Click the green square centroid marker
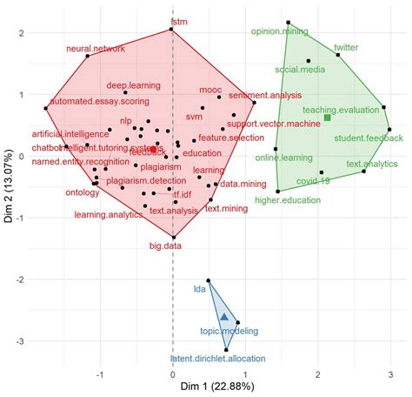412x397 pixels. coord(328,118)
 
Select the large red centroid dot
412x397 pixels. coord(154,150)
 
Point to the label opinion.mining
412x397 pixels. coord(279,30)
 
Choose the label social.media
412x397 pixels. coord(300,68)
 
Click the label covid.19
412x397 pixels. coord(313,181)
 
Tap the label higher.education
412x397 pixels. coord(288,201)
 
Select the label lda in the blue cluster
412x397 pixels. coord(199,286)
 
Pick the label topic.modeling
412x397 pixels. coord(229,332)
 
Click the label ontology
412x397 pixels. coord(82,193)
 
